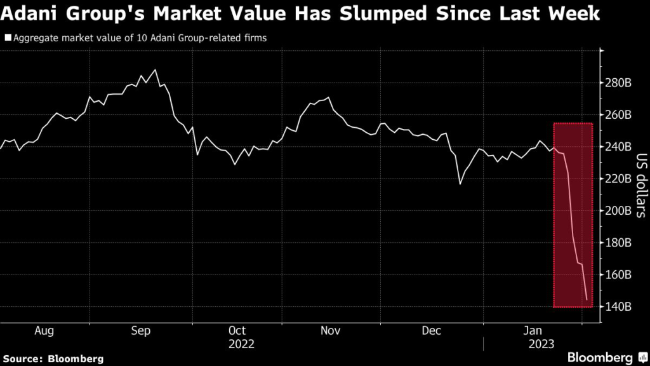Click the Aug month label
[x=44, y=330]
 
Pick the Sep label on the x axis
[x=141, y=330]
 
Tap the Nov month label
[x=331, y=330]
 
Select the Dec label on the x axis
[x=432, y=330]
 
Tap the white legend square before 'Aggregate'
[x=8, y=38]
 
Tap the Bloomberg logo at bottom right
[x=600, y=357]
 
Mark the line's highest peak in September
[x=156, y=70]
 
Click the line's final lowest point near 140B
[x=587, y=299]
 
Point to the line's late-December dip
[x=460, y=184]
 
